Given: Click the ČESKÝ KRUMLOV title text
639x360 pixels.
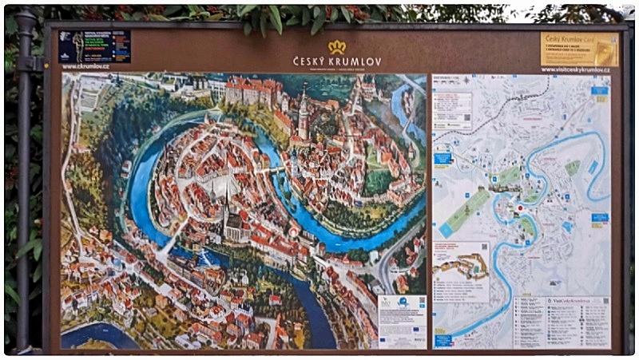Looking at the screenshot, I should click(x=336, y=61).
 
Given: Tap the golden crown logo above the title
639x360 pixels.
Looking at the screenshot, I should click(x=336, y=47).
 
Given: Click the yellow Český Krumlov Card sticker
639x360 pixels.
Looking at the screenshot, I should click(x=579, y=49).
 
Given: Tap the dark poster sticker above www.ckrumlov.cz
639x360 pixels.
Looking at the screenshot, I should click(x=94, y=46).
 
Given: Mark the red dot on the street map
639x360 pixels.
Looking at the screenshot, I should click(x=518, y=213).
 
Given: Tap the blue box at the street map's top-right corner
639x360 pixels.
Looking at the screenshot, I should click(x=600, y=90).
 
